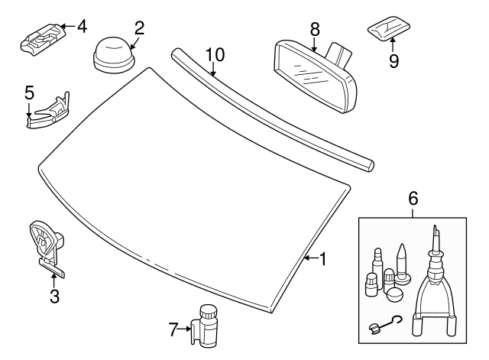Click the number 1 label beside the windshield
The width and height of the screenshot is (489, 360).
pyautogui.click(x=322, y=259)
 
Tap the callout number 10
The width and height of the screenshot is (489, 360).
pyautogui.click(x=215, y=55)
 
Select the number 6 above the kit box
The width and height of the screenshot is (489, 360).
pyautogui.click(x=413, y=198)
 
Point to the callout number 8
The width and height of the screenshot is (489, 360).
pyautogui.click(x=314, y=29)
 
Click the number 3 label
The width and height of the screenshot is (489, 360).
pyautogui.click(x=54, y=297)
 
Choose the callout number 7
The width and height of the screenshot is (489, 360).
pyautogui.click(x=173, y=330)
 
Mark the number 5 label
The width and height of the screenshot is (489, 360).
pyautogui.click(x=29, y=92)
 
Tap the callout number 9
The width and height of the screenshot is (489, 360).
pyautogui.click(x=393, y=60)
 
